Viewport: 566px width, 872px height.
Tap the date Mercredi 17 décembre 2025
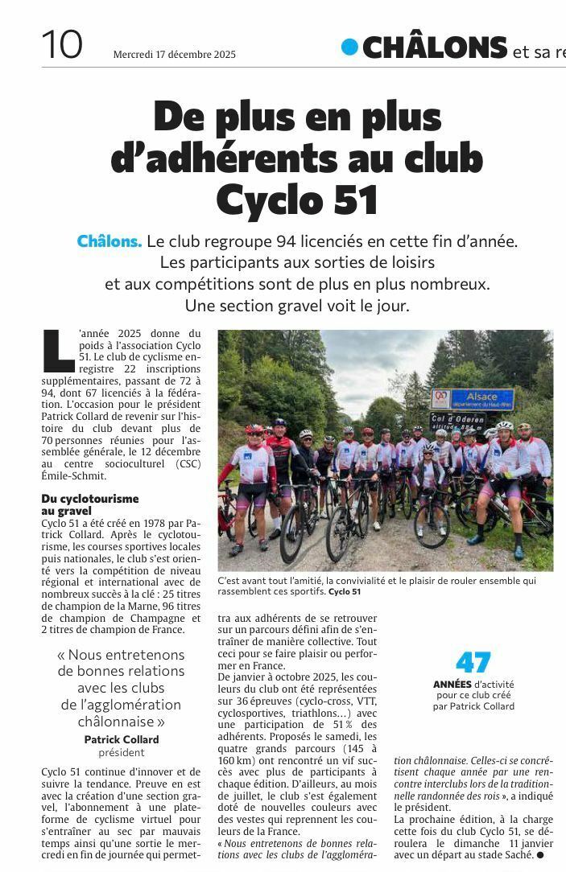[x=174, y=55]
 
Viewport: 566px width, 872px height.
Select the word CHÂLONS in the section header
[x=435, y=47]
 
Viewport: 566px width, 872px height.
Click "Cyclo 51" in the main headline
[x=297, y=199]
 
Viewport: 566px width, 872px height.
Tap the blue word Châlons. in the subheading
[x=109, y=241]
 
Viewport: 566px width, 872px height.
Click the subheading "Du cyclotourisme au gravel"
[x=90, y=504]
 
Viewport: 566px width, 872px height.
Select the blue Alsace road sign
[x=481, y=397]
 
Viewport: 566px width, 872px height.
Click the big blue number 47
[x=473, y=662]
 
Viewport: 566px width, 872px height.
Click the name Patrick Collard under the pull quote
[x=122, y=739]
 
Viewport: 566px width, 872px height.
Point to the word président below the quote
[x=122, y=753]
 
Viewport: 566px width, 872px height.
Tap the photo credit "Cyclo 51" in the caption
[x=345, y=592]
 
